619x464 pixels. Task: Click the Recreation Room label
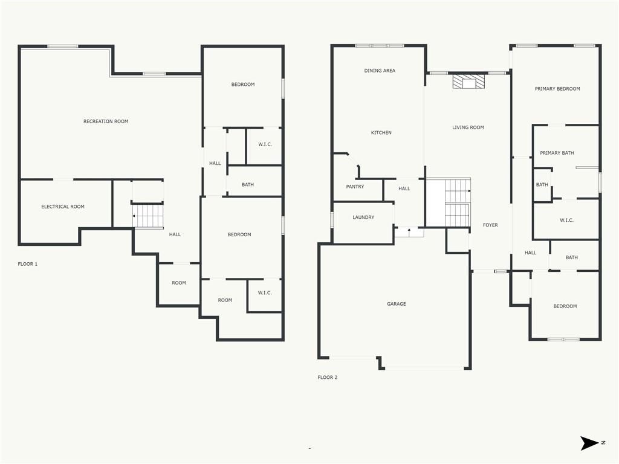pos(106,121)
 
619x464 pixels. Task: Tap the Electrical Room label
pos(63,207)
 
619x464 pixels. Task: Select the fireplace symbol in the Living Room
pos(468,82)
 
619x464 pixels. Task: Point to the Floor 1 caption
pos(28,264)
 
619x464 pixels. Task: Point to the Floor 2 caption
pos(328,378)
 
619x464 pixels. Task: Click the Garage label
pos(397,304)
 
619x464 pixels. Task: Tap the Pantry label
pos(355,187)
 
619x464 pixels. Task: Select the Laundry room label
pos(363,217)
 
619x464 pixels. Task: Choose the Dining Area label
pos(380,71)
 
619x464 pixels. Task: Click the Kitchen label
pos(381,133)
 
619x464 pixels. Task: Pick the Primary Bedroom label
pos(557,89)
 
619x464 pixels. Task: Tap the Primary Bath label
pos(557,153)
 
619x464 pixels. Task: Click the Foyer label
pos(490,225)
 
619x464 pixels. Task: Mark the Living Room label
pos(468,127)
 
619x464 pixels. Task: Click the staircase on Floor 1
pos(148,216)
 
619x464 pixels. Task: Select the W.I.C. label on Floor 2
pos(566,221)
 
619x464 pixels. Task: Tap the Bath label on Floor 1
pos(248,185)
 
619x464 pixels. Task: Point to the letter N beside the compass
pos(603,443)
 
